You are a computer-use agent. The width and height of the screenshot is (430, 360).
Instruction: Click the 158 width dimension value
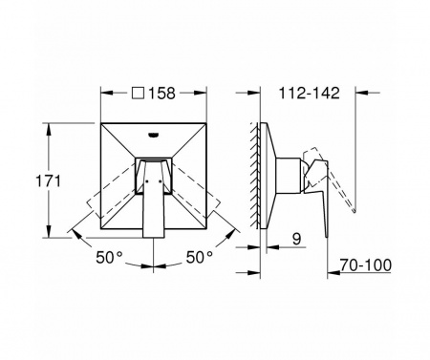point(162,94)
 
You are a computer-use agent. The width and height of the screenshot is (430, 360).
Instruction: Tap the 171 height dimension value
point(48,181)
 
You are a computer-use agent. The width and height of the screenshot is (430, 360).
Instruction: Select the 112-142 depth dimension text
point(310,94)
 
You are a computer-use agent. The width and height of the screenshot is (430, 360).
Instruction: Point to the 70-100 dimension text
point(366,265)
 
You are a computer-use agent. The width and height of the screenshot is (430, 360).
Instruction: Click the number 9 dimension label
point(296,239)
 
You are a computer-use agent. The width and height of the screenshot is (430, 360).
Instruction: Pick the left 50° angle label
point(109,257)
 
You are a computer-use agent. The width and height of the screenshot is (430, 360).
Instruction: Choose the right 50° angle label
point(200,257)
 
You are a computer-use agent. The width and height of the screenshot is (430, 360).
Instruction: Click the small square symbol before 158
point(138,94)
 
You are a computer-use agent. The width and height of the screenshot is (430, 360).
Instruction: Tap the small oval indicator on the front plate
point(154,135)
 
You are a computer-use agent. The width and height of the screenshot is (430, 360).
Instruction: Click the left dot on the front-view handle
point(147,181)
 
